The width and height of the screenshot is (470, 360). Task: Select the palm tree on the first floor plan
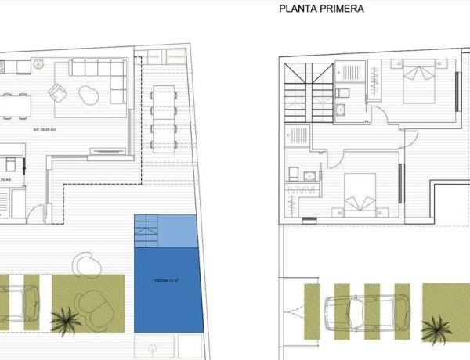(436, 328)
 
